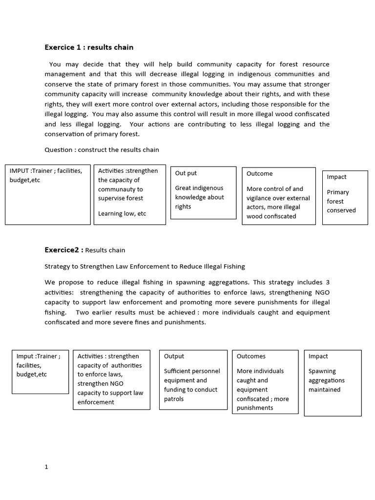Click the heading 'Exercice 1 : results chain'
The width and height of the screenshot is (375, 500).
89,47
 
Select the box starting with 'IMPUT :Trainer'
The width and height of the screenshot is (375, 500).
47,194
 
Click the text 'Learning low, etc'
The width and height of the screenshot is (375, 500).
122,213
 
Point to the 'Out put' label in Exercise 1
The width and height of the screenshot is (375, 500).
186,173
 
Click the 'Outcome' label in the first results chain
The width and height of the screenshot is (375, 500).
260,174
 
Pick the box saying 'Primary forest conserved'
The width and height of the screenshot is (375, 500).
345,197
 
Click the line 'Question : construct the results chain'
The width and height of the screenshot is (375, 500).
102,150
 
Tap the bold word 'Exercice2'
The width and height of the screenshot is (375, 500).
62,250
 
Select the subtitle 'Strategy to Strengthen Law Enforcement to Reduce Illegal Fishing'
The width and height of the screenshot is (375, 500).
145,267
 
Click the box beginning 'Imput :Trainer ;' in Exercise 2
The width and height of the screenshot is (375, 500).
40,372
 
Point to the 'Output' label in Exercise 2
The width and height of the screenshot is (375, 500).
174,356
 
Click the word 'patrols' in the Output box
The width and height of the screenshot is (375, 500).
174,399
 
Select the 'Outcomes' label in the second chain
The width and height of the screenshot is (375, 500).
251,356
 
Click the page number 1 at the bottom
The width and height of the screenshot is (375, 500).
46,467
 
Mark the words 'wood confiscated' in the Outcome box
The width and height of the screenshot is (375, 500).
271,216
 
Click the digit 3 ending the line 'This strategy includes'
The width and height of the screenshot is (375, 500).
328,283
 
